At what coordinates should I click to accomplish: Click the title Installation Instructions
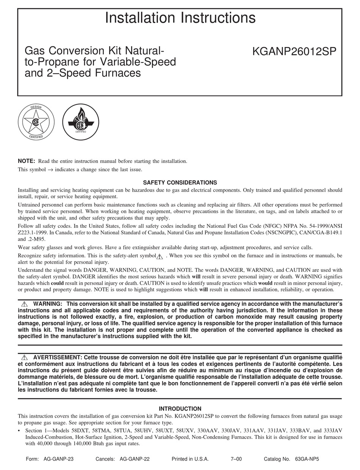(x=180, y=18)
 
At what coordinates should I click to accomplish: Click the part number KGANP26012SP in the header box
(x=294, y=51)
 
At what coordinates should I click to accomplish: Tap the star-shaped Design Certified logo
(x=36, y=122)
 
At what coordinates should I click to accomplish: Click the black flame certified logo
(x=80, y=122)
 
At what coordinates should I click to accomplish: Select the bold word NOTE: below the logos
(x=27, y=161)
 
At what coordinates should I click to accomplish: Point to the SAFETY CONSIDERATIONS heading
(x=180, y=183)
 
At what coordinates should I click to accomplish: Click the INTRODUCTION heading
(x=180, y=409)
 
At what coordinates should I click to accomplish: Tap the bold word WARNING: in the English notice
(x=48, y=304)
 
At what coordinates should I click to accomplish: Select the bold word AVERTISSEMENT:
(x=57, y=357)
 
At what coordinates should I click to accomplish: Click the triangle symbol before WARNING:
(x=25, y=304)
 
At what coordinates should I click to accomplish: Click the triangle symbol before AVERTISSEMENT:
(x=25, y=357)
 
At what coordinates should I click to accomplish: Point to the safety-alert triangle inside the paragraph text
(x=160, y=257)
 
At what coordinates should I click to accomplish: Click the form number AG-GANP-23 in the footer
(x=58, y=459)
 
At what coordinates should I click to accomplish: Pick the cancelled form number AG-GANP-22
(x=135, y=459)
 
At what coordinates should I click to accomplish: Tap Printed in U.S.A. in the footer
(x=190, y=459)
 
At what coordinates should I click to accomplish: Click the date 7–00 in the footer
(x=236, y=459)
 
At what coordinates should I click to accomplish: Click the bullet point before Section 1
(x=19, y=431)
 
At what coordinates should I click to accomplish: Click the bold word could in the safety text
(x=57, y=283)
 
